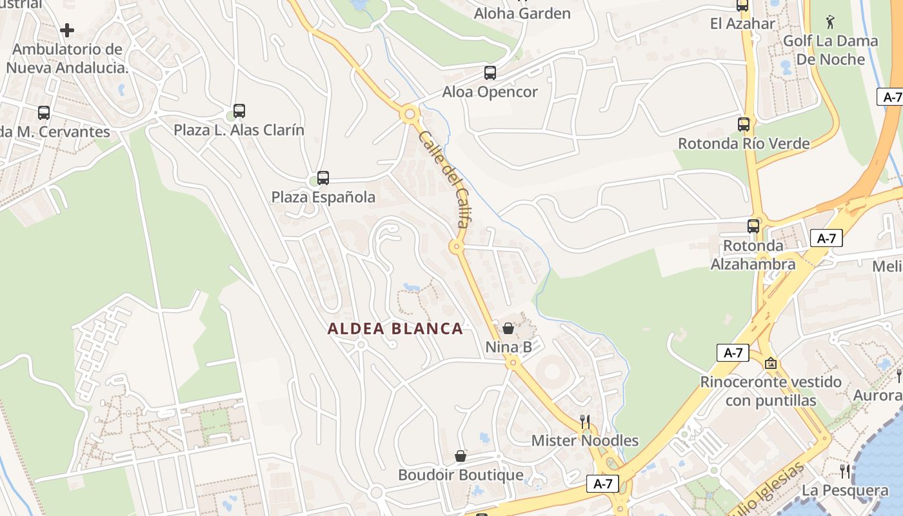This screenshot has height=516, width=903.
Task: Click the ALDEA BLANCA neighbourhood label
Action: click(x=395, y=329)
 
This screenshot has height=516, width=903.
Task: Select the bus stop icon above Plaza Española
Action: click(x=323, y=178)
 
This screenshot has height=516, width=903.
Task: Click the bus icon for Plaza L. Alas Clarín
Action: click(x=239, y=111)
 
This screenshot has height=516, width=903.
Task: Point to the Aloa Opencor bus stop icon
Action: click(x=490, y=73)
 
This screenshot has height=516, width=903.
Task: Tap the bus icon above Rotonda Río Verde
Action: click(x=744, y=124)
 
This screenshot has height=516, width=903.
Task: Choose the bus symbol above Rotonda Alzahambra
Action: click(x=753, y=226)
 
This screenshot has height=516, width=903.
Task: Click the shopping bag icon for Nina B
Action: click(x=508, y=329)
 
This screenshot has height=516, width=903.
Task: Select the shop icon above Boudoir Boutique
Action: click(x=461, y=457)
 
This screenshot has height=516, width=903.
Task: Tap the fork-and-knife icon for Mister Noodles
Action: click(x=585, y=422)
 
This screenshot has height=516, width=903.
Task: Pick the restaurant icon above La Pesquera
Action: click(x=845, y=471)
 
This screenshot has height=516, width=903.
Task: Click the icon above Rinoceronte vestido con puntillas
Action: click(x=770, y=363)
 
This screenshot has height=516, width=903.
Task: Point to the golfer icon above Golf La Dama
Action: click(x=829, y=23)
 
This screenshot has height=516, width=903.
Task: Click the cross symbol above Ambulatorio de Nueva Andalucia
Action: click(x=67, y=30)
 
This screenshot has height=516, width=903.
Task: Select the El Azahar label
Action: click(x=742, y=24)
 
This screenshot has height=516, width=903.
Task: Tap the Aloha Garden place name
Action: click(x=522, y=14)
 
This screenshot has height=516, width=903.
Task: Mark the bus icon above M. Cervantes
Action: click(x=44, y=113)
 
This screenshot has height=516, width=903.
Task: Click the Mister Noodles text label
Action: click(x=585, y=441)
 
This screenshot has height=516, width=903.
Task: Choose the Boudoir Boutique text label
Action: click(x=461, y=475)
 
